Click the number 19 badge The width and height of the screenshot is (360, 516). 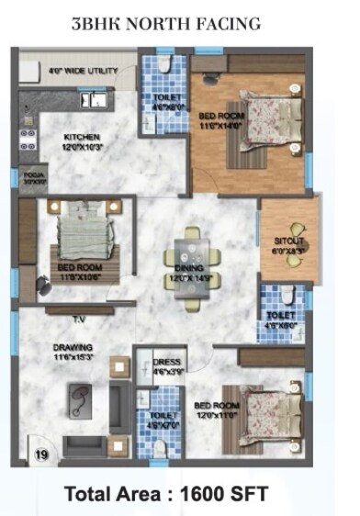click(41, 454)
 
